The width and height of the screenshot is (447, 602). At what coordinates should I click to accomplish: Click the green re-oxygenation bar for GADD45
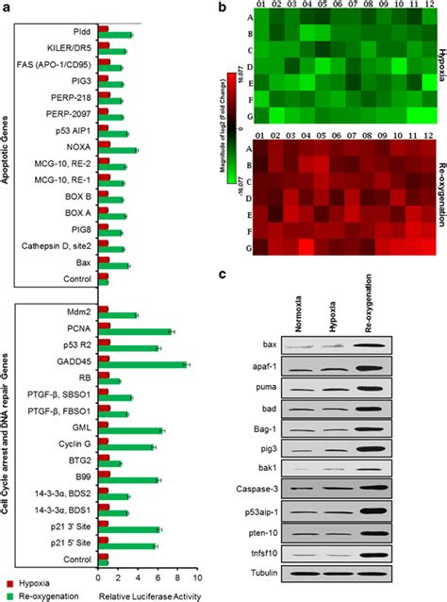tap(141, 364)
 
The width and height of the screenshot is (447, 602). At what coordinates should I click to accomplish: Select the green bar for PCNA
tap(135, 331)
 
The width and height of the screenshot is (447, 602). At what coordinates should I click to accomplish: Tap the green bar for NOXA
tap(117, 150)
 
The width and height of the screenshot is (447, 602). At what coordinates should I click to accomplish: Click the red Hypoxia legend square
tap(9, 583)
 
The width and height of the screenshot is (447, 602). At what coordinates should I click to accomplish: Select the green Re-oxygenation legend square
tap(9, 596)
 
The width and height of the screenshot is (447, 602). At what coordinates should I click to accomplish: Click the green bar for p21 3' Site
tap(130, 529)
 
